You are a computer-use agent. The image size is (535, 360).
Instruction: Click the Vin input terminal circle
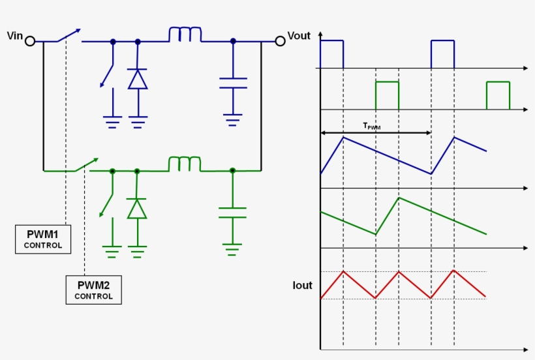[x=29, y=41]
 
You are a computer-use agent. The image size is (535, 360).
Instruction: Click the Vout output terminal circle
[x=280, y=41]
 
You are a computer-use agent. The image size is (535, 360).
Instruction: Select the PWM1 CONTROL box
[x=43, y=239]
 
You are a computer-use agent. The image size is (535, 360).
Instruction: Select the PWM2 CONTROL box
[x=93, y=290]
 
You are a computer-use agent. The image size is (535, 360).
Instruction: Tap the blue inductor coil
[x=185, y=35]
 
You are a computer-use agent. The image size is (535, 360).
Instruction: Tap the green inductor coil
[x=185, y=164]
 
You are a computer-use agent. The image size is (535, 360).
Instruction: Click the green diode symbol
[x=137, y=209]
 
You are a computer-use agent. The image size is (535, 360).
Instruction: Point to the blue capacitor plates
[x=233, y=83]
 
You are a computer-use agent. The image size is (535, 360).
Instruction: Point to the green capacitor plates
[x=233, y=212]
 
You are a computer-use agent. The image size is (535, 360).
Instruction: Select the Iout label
[x=302, y=286]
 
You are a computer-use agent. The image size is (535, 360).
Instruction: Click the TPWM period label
[x=371, y=126]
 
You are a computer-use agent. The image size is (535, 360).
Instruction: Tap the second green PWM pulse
[x=498, y=95]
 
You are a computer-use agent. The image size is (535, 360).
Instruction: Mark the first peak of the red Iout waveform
[x=343, y=271]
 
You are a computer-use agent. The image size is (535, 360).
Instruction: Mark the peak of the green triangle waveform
[x=399, y=198]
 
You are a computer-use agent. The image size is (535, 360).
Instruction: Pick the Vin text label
[x=14, y=35]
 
